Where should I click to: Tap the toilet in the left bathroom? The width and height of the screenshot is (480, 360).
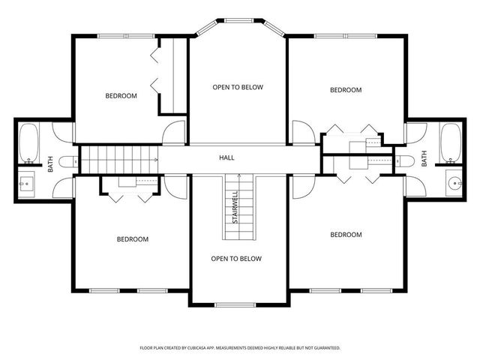point(65,160)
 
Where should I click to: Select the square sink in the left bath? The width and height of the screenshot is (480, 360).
point(25,182)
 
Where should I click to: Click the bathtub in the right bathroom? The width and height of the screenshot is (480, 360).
point(451,142)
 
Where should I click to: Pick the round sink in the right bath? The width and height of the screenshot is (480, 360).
point(454,183)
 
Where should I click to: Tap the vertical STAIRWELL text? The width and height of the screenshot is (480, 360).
point(236,207)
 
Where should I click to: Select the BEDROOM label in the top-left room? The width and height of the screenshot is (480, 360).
point(121,95)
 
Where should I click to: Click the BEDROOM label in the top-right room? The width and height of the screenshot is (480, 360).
point(346,90)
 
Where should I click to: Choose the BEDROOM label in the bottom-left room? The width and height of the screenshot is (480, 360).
point(132,239)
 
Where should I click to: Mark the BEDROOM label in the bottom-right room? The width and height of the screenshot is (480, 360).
point(346,235)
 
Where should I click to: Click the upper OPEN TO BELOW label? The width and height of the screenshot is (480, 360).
point(238,87)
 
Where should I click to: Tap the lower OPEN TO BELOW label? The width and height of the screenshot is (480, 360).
point(236,259)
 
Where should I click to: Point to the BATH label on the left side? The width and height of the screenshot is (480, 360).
point(51,163)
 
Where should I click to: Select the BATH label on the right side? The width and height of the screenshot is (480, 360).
point(424,158)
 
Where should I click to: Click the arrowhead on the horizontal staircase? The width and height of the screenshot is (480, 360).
point(156,159)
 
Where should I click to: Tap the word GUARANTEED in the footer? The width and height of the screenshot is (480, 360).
point(324,348)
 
